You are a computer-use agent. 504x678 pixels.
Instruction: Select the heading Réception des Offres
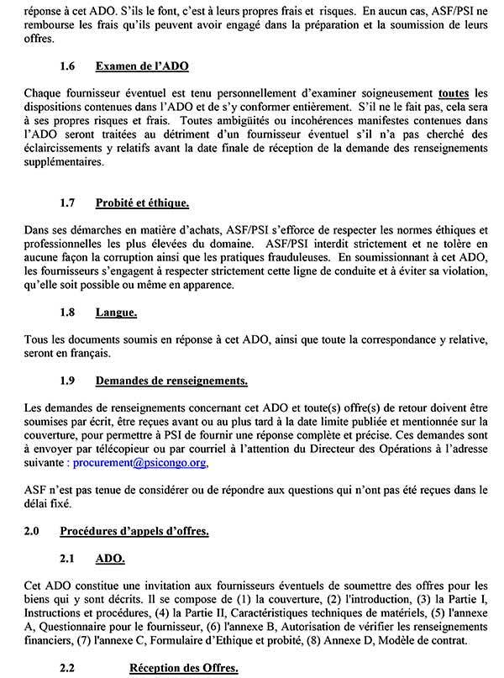(182, 669)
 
